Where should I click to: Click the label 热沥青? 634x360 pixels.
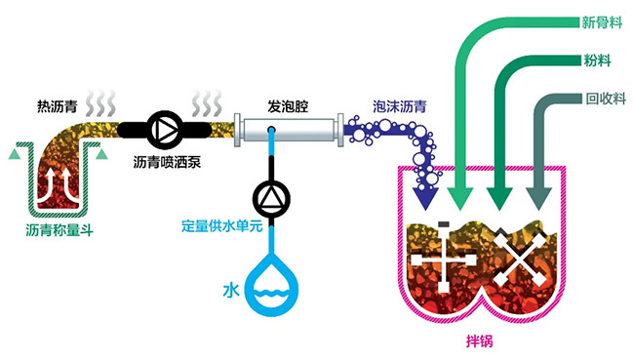(57, 106)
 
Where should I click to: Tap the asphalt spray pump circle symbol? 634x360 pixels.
(164, 130)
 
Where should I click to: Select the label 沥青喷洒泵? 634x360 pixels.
(167, 162)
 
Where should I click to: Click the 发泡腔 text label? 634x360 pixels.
(288, 106)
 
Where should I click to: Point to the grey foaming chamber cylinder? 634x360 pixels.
(290, 130)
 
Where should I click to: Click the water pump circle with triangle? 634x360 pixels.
(271, 198)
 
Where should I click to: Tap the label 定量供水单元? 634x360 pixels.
(222, 225)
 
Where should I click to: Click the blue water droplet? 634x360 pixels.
(272, 284)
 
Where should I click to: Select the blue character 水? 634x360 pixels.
(231, 291)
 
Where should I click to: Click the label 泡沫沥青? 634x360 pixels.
(400, 106)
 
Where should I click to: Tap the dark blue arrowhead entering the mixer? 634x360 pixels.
(425, 198)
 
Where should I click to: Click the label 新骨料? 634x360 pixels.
(602, 22)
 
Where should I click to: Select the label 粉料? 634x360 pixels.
(597, 60)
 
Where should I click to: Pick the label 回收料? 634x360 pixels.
(606, 99)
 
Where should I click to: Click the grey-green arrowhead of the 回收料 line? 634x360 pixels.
(539, 199)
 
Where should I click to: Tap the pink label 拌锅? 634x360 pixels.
(480, 341)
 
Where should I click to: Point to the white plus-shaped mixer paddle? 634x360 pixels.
(444, 259)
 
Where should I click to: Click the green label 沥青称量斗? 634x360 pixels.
(59, 230)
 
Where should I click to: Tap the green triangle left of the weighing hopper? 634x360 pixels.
(15, 154)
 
